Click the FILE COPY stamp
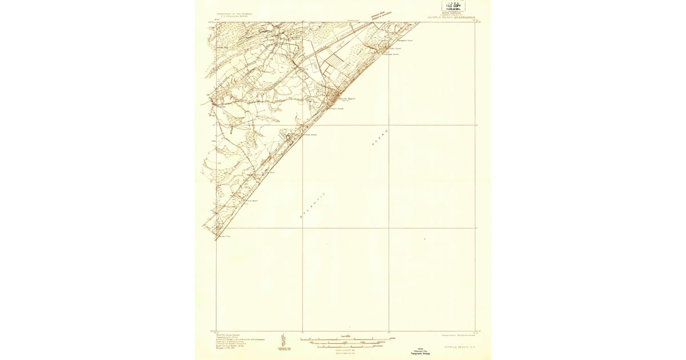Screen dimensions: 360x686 click(x=453, y=6)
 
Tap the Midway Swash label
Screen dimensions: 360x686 click(x=309, y=135)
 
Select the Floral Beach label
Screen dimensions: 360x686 click(x=252, y=201)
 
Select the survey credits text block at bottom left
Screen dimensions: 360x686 click(x=232, y=341)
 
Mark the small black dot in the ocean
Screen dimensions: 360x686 click(x=425, y=239)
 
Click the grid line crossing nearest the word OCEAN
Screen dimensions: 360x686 click(x=389, y=125)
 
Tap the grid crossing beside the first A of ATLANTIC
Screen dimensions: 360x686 click(x=302, y=228)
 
